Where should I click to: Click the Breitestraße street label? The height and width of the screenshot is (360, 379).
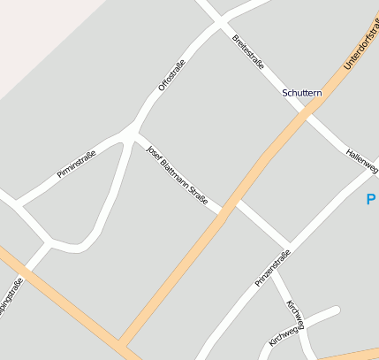(x=248, y=52)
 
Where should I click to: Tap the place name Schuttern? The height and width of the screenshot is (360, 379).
(x=302, y=92)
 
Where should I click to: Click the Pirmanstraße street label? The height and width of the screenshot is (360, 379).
(x=76, y=164)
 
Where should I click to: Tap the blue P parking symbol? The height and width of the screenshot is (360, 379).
(x=371, y=200)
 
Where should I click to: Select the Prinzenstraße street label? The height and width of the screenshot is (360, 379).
(x=272, y=269)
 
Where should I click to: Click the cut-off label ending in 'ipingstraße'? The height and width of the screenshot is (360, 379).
(x=11, y=300)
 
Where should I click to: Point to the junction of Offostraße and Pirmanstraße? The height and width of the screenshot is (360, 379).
(x=133, y=134)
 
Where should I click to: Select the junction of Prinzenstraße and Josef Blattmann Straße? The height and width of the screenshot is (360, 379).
(x=287, y=246)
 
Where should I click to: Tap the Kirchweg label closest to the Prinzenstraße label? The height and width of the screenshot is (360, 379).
(x=294, y=314)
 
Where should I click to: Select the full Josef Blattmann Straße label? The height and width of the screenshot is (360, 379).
(x=177, y=174)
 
